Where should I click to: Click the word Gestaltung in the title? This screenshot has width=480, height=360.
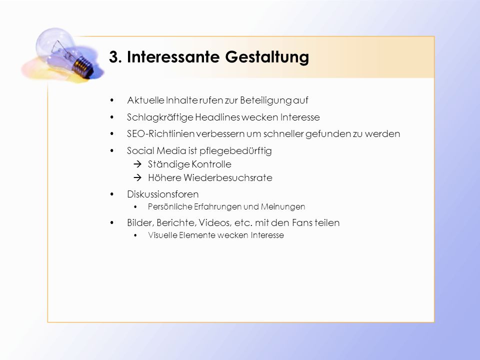pyautogui.click(x=267, y=57)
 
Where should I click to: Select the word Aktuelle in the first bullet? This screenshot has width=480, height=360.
pyautogui.click(x=145, y=100)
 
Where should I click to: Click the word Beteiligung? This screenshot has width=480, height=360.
pyautogui.click(x=265, y=100)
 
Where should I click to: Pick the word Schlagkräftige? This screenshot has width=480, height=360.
pyautogui.click(x=160, y=117)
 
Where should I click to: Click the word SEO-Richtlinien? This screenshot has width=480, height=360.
pyautogui.click(x=161, y=134)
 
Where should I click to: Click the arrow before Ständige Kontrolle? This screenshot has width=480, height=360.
pyautogui.click(x=137, y=164)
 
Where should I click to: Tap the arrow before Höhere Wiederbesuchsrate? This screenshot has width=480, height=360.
pyautogui.click(x=137, y=178)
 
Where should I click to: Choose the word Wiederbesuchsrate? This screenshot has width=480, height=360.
pyautogui.click(x=228, y=178)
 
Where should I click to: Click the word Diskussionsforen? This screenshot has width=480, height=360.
pyautogui.click(x=163, y=194)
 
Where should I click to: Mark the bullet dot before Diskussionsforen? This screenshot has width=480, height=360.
pyautogui.click(x=112, y=194)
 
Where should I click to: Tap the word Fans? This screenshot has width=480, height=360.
pyautogui.click(x=302, y=223)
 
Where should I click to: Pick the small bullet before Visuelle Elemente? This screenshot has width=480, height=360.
pyautogui.click(x=135, y=235)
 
